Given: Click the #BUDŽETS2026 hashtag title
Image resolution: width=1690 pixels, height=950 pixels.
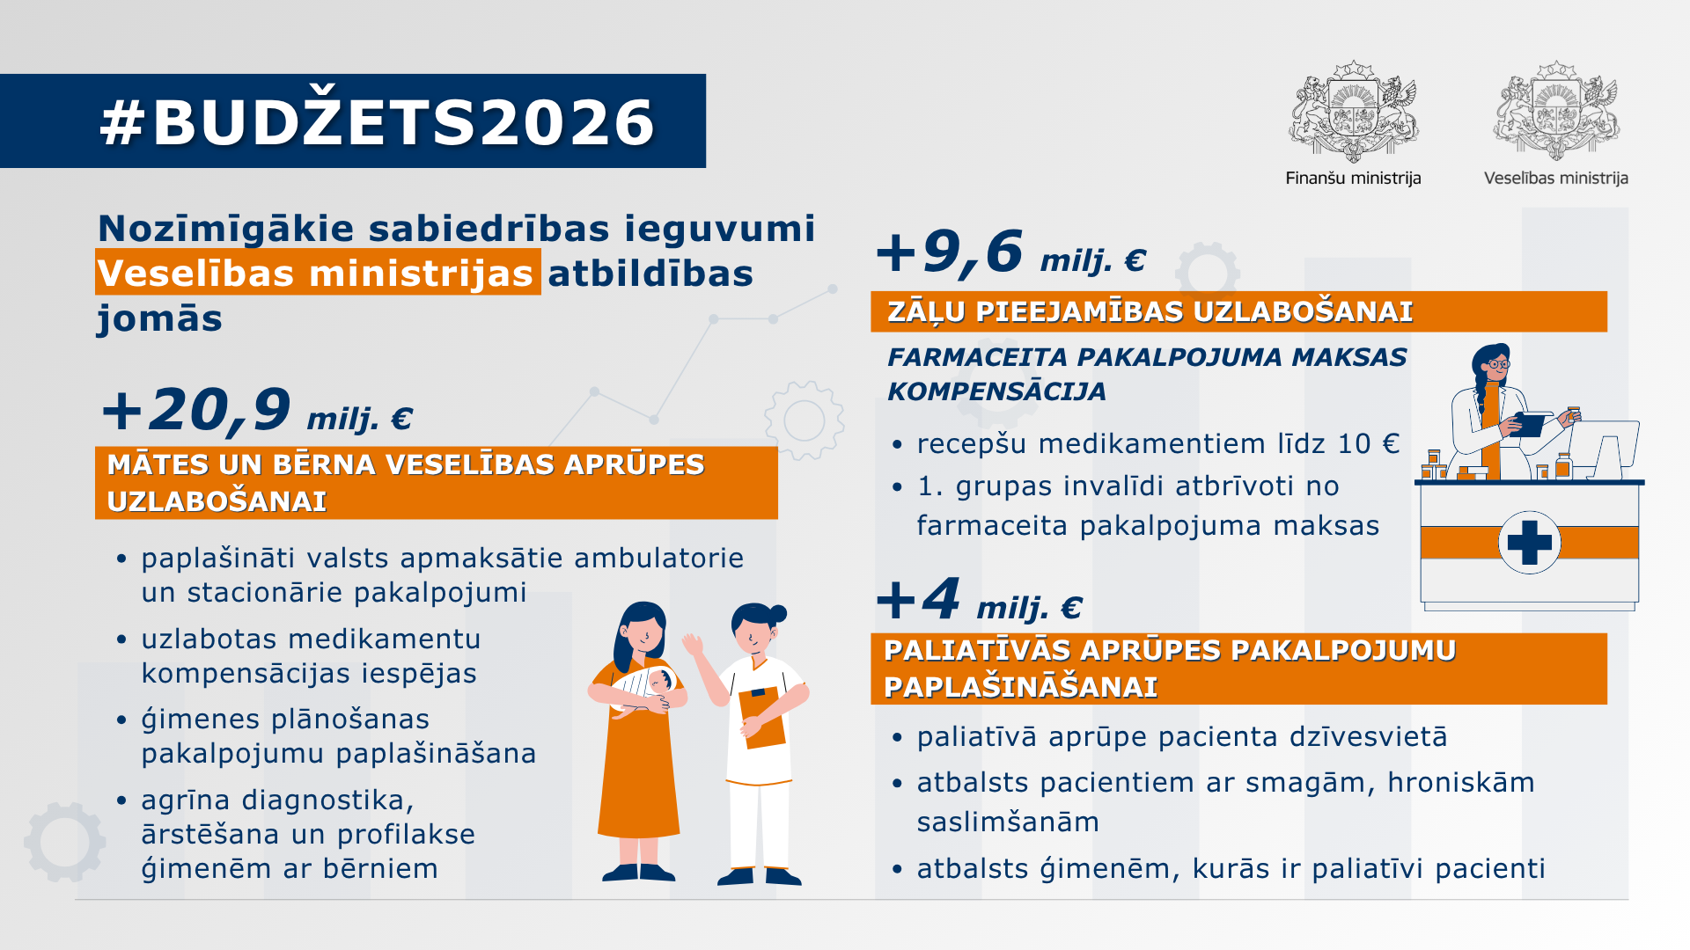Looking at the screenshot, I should coord(378,121).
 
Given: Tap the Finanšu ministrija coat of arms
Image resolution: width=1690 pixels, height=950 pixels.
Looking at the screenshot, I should coord(1353,112).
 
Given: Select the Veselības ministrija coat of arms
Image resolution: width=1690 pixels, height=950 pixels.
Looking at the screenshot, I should coord(1556,112).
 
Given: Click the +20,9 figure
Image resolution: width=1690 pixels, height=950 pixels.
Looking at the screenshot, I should coord(196,410).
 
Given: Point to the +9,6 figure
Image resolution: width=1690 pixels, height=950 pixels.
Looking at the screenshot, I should coord(950,252).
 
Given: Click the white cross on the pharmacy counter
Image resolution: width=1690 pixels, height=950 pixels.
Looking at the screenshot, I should coord(1530,542).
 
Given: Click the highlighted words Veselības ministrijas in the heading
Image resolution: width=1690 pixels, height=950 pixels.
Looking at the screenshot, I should coord(317,273).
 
